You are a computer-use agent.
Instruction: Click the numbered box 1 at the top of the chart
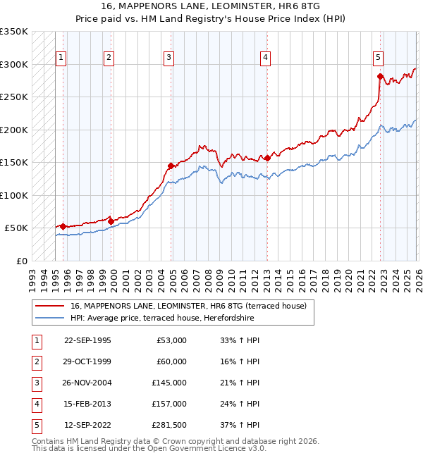pyautogui.click(x=61, y=58)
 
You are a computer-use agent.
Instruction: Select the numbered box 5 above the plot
pyautogui.click(x=379, y=58)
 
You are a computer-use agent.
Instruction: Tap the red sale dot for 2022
pyautogui.click(x=380, y=76)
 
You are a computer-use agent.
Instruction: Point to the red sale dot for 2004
pyautogui.click(x=171, y=166)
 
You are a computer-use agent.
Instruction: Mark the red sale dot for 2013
pyautogui.click(x=267, y=158)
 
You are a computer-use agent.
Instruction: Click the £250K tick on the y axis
pyautogui.click(x=14, y=97)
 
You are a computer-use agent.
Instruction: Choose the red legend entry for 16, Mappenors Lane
pyautogui.click(x=188, y=307)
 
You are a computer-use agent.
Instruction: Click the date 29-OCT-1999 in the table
pyautogui.click(x=87, y=361)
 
